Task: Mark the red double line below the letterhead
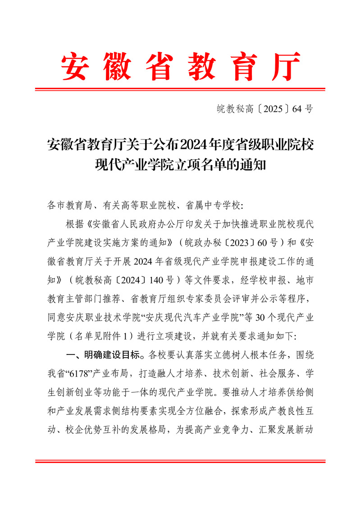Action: (x=180, y=89)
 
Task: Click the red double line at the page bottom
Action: (x=180, y=461)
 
